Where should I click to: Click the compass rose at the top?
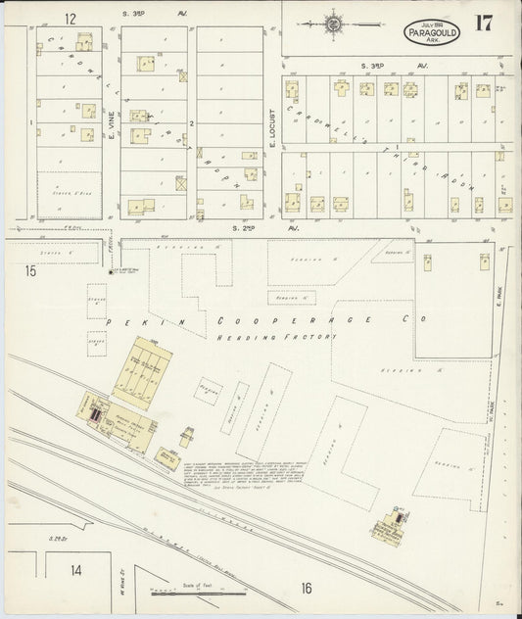point(335,21)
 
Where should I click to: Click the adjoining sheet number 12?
point(70,19)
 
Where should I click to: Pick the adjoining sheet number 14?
point(75,569)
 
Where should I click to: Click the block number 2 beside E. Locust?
point(194,123)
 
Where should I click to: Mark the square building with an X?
point(180,182)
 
